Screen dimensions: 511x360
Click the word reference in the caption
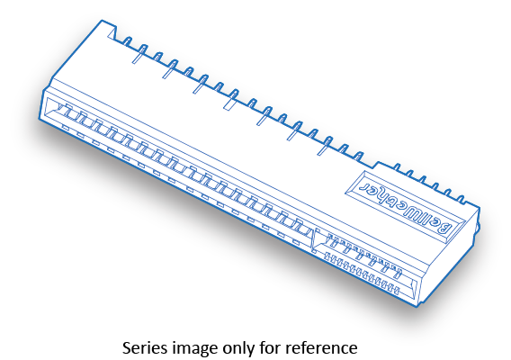pyautogui.click(x=321, y=347)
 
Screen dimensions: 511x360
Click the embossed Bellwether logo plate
pyautogui.click(x=406, y=204)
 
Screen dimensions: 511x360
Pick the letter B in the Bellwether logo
pyautogui.click(x=445, y=227)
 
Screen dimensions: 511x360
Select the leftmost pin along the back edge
pyautogui.click(x=128, y=41)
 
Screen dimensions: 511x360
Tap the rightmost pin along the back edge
pyautogui.click(x=461, y=199)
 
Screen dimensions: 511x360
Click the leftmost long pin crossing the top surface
pyautogui.click(x=139, y=54)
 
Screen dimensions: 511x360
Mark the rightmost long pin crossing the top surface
pyautogui.click(x=325, y=146)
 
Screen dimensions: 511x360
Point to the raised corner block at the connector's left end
pyautogui.click(x=108, y=30)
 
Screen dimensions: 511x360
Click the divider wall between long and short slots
pyautogui.click(x=313, y=240)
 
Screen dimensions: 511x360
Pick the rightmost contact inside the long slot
pyautogui.click(x=300, y=225)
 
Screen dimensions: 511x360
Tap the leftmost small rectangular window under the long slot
pyautogui.click(x=66, y=128)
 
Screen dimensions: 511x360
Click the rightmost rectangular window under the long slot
pyautogui.click(x=296, y=242)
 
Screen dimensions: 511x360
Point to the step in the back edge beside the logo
pyautogui.click(x=377, y=166)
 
